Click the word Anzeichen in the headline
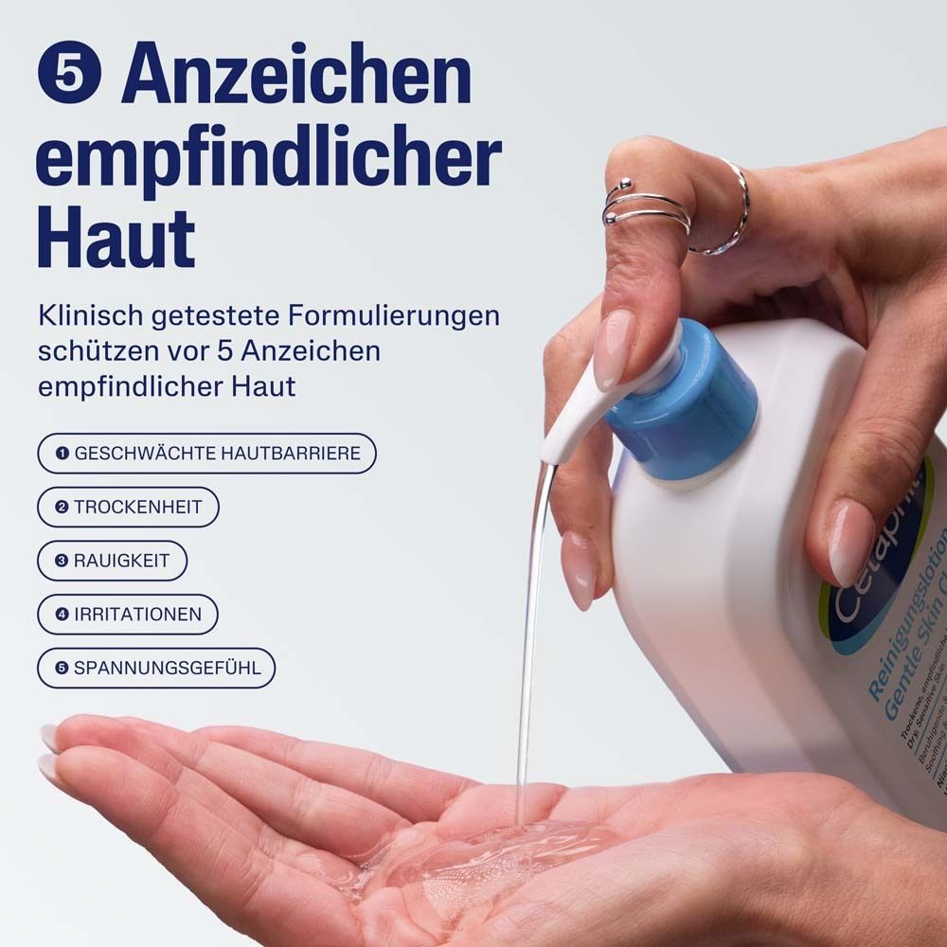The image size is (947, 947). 296,76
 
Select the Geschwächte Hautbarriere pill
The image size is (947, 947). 206,454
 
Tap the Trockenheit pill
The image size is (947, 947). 128,508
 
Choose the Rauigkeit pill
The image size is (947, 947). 112,561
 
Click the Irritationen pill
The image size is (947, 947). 127,615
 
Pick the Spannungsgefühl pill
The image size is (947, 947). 155,668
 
